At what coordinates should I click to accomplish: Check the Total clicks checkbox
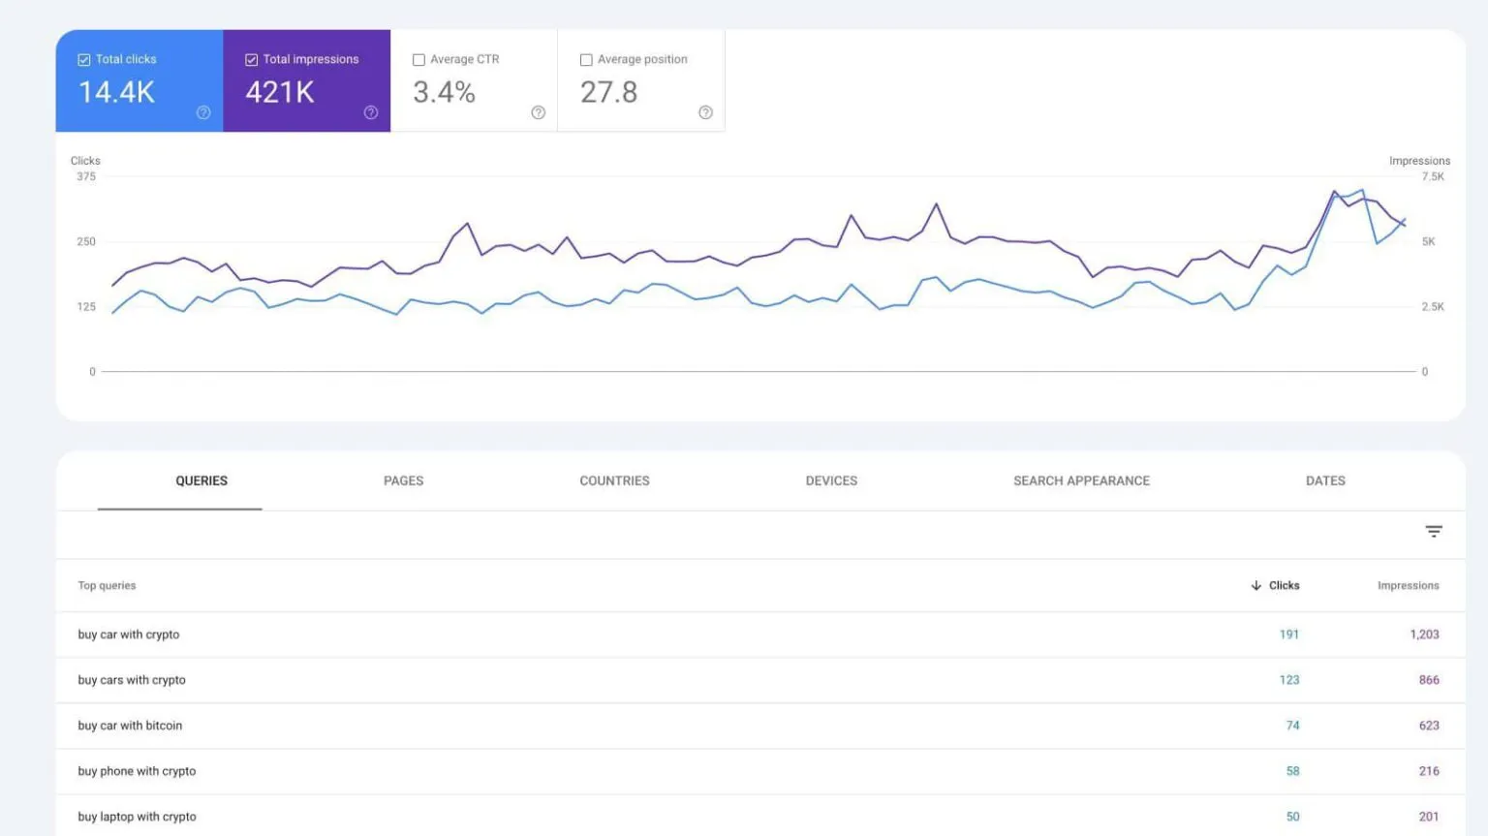coord(84,60)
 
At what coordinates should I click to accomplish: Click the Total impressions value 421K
coord(279,93)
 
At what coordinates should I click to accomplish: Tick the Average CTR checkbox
coord(418,60)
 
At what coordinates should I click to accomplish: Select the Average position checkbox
coord(586,60)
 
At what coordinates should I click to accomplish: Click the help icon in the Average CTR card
coord(538,112)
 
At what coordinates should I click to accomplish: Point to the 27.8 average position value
coord(608,93)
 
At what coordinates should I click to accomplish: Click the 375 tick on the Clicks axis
coord(86,176)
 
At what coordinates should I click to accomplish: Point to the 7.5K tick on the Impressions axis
coord(1432,176)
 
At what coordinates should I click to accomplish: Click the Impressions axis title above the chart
coord(1419,161)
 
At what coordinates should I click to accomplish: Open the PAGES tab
coord(403,480)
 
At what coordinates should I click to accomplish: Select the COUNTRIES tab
coord(614,480)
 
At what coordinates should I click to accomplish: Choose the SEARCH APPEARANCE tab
coord(1081,480)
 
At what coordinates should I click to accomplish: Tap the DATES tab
coord(1325,480)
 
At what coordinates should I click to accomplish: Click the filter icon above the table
coord(1434,531)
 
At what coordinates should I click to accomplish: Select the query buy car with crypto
coord(129,635)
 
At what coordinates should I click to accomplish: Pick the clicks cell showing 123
coord(1288,680)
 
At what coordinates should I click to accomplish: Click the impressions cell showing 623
coord(1429,726)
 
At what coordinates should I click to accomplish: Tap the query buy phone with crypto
coord(137,771)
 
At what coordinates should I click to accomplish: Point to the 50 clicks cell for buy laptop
coord(1292,817)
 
